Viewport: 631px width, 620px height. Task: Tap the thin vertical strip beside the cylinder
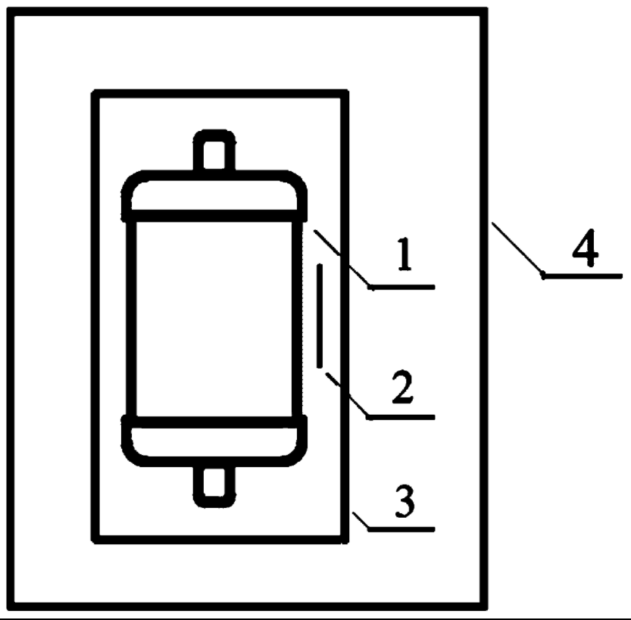pos(320,315)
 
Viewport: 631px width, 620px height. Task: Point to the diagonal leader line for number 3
pos(361,521)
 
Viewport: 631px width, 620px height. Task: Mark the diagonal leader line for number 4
pos(517,248)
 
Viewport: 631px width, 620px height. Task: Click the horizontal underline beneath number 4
pos(582,276)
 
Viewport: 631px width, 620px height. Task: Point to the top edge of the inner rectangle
pos(220,92)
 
